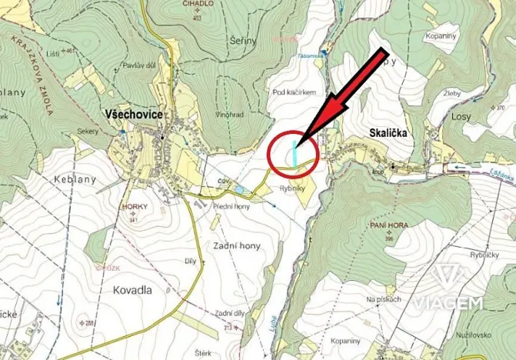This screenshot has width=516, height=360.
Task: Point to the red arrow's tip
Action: click(x=297, y=143)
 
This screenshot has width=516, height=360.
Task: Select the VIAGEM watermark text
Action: click(x=448, y=302)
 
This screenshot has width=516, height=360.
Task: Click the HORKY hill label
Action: click(x=134, y=208)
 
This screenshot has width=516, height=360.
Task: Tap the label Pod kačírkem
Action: click(x=295, y=92)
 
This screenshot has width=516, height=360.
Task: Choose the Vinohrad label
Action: click(x=229, y=115)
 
